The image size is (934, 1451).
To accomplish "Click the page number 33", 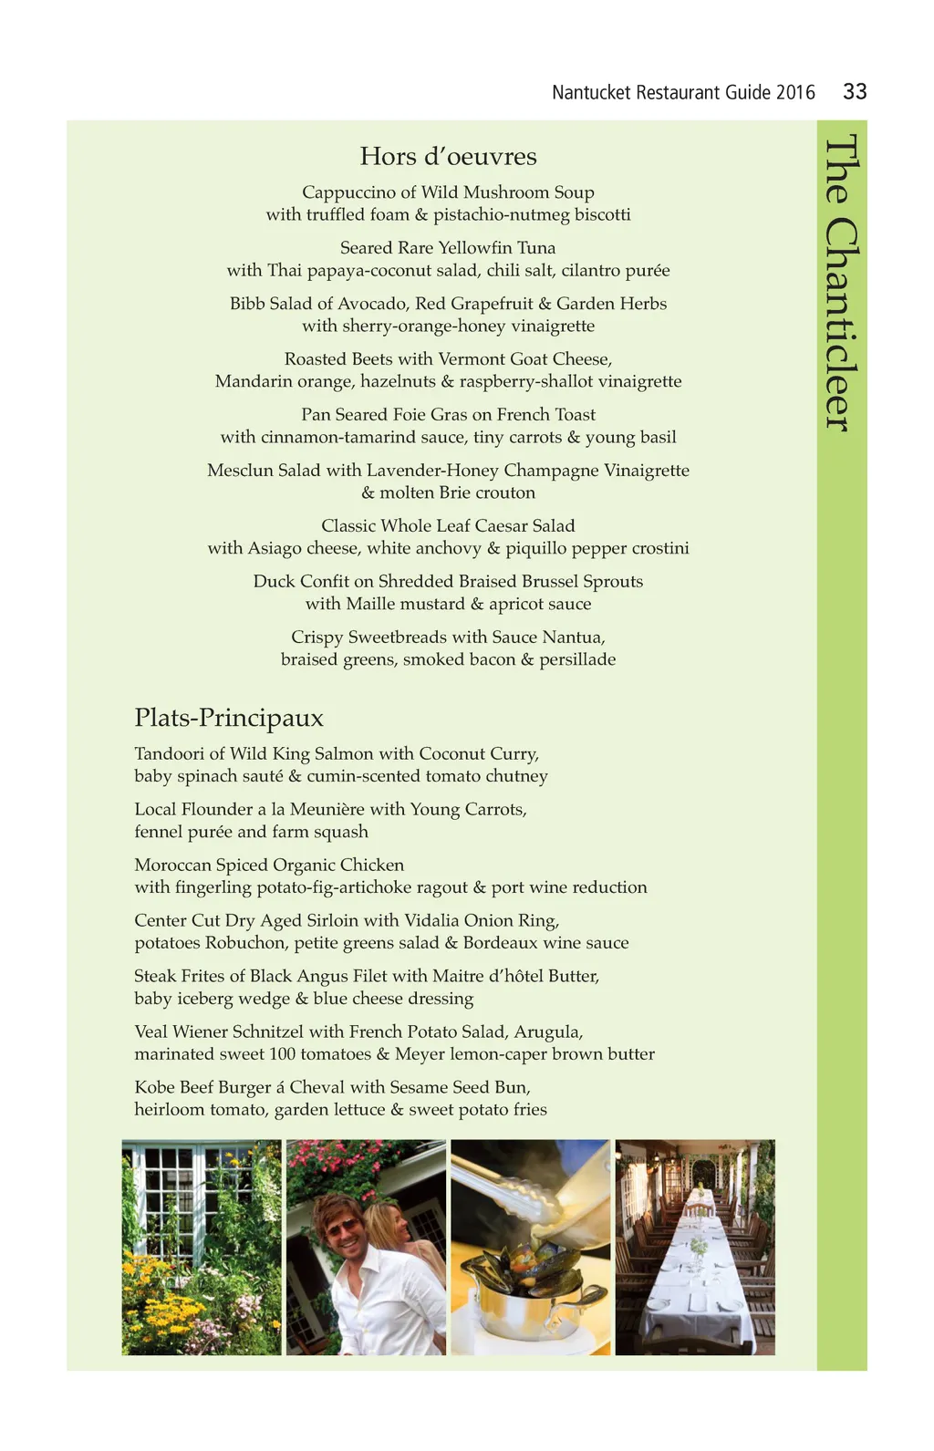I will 855,91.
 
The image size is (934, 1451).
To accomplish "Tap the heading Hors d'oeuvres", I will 448,156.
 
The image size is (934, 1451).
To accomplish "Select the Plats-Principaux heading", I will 229,718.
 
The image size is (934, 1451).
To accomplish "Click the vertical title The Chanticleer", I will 841,283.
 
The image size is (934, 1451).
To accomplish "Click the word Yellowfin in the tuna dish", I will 473,248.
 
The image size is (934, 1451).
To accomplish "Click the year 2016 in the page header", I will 795,92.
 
